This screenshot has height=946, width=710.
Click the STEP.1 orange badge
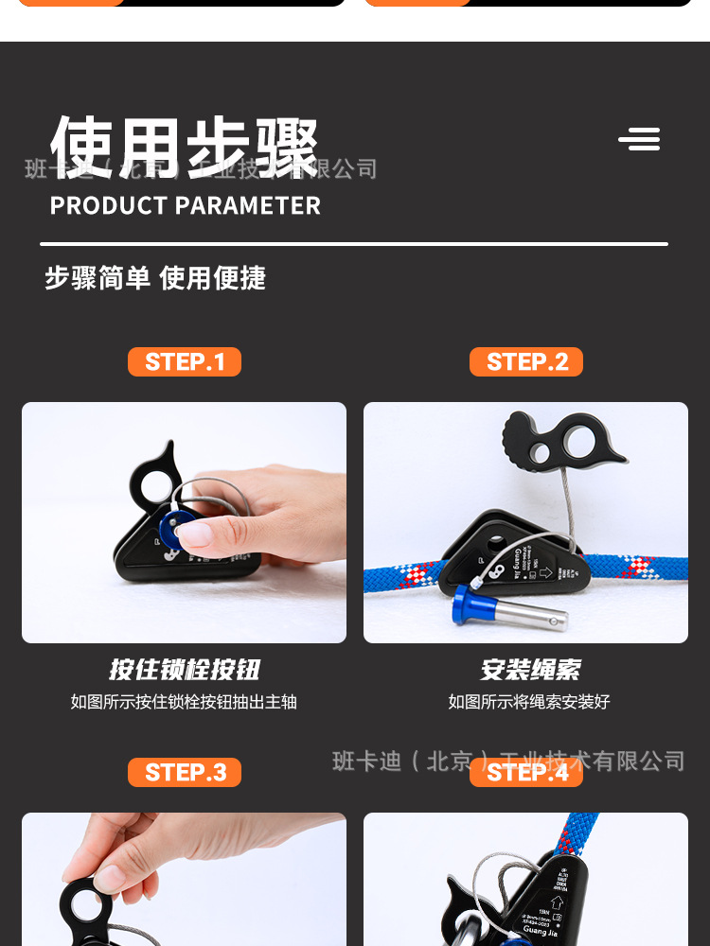click(x=185, y=361)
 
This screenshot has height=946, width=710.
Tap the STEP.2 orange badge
click(x=526, y=361)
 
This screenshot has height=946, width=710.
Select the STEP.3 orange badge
click(x=185, y=772)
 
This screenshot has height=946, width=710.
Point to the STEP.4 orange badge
click(x=526, y=772)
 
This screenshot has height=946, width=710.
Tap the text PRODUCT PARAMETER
click(x=185, y=205)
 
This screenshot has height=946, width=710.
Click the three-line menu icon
click(x=640, y=140)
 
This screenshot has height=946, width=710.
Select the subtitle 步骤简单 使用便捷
click(x=155, y=278)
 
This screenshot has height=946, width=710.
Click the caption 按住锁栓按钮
click(x=184, y=670)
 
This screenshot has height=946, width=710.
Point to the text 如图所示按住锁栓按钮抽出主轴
click(x=184, y=702)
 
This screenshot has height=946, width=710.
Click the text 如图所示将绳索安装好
click(x=529, y=702)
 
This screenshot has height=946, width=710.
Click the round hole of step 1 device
click(x=155, y=485)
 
